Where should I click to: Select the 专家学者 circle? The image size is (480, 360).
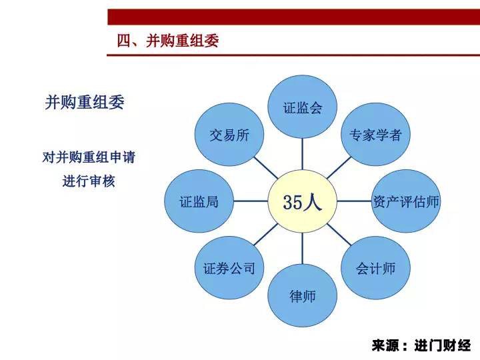coord(375,135)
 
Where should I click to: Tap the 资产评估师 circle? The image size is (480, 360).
coord(405,201)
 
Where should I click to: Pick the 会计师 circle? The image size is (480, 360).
coord(375,268)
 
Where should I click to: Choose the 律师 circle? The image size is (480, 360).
coord(302,295)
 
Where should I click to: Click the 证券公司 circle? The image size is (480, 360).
coord(229,268)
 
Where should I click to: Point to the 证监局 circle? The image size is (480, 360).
coord(199,201)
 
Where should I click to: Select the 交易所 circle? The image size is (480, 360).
coord(229,135)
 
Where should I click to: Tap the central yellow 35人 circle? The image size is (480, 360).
coord(302,201)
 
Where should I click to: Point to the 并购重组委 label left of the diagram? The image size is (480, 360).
coord(84,102)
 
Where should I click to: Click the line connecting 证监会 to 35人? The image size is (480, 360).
coord(302,155)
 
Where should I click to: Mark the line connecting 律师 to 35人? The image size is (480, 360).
coord(302,248)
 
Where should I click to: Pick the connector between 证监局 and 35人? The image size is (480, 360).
coord(251,201)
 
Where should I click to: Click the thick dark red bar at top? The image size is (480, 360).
coord(293,17)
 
